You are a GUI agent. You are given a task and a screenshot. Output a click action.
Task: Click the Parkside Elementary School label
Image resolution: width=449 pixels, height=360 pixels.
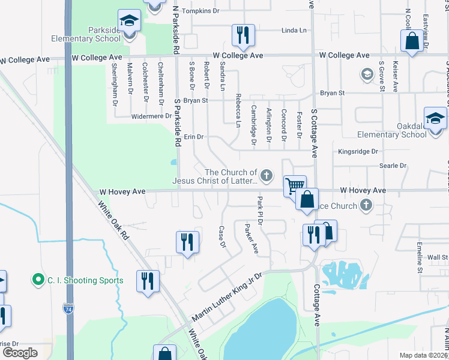click(95, 34)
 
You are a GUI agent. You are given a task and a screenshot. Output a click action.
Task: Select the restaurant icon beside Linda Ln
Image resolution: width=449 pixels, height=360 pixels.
click(243, 35)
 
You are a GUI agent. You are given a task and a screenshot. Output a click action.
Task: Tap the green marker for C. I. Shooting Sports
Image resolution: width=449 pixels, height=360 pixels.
click(38, 280)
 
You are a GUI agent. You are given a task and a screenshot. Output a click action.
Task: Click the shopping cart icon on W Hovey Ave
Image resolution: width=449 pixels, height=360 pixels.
click(294, 186)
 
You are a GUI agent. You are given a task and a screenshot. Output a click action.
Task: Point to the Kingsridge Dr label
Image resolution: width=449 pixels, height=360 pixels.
click(357, 152)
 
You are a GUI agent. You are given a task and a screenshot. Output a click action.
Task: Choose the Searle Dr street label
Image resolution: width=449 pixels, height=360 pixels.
click(393, 166)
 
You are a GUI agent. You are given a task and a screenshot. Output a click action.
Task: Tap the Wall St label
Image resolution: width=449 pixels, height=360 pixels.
click(438, 257)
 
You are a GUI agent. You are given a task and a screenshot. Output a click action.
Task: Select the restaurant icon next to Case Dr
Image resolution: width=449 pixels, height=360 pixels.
click(187, 243)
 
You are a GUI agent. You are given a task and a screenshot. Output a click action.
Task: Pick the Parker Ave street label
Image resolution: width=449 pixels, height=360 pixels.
click(251, 239)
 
